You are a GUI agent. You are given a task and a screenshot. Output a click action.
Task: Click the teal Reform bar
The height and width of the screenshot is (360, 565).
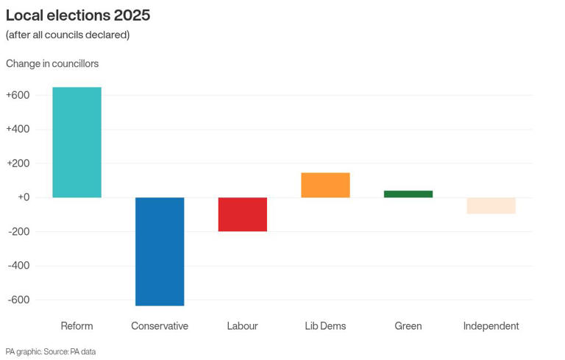(x=77, y=142)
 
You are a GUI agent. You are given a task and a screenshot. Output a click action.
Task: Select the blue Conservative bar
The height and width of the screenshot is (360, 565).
(x=160, y=251)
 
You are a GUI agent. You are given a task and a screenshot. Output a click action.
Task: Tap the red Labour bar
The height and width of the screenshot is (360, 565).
(x=242, y=214)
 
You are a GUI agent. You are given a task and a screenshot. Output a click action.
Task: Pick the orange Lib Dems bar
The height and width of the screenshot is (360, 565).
(x=325, y=185)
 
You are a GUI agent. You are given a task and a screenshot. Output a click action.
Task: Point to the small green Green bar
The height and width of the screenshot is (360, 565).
(x=408, y=194)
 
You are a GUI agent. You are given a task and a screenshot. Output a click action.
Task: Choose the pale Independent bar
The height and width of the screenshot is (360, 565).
(x=491, y=205)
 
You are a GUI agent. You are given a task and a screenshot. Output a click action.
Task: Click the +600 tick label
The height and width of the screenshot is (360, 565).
(x=18, y=95)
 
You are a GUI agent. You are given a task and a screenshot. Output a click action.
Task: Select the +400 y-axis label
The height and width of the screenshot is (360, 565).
(x=18, y=129)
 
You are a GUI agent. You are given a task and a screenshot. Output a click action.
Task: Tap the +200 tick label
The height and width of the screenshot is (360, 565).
(x=18, y=163)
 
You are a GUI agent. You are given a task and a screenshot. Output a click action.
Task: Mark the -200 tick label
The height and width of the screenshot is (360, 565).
(x=18, y=231)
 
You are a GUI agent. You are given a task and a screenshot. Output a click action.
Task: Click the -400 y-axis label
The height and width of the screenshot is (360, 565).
(x=18, y=265)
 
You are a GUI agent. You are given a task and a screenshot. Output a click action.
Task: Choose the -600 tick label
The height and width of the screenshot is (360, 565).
(x=18, y=300)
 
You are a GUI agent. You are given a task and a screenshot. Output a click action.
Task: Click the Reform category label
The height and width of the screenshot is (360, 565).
(x=77, y=325)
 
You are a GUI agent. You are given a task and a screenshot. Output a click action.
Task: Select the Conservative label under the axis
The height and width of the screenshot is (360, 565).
(x=160, y=325)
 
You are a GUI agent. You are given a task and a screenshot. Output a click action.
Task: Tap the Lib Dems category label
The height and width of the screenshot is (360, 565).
(x=325, y=325)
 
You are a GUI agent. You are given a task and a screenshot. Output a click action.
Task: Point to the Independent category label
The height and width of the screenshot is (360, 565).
(x=491, y=325)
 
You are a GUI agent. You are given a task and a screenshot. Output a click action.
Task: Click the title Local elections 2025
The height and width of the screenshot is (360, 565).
(x=78, y=15)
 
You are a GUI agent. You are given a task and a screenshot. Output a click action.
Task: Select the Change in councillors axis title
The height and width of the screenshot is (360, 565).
(x=52, y=63)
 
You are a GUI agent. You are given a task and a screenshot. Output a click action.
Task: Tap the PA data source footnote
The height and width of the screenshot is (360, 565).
(x=51, y=351)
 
